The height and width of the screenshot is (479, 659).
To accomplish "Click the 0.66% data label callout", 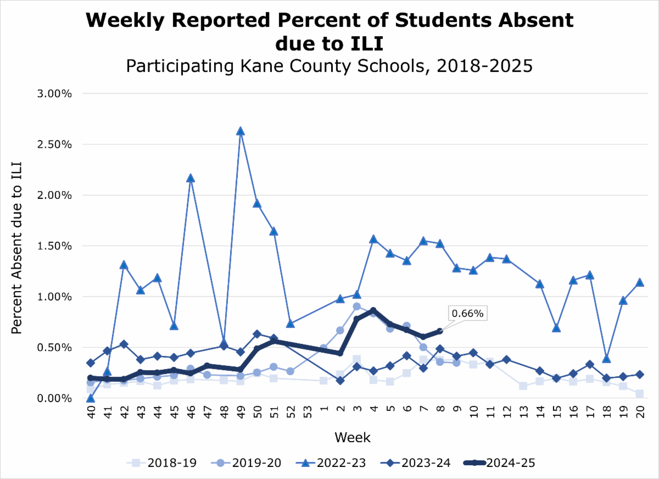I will tap(467, 314).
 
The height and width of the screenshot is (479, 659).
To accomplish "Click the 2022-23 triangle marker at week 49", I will tap(240, 131).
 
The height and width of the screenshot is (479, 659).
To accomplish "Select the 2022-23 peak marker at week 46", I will tap(190, 178).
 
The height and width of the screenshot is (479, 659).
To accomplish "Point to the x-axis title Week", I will tap(353, 438).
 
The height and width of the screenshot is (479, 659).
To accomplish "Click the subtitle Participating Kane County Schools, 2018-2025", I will tap(329, 66).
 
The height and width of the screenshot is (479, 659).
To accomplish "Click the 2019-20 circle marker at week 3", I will tap(356, 307).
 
